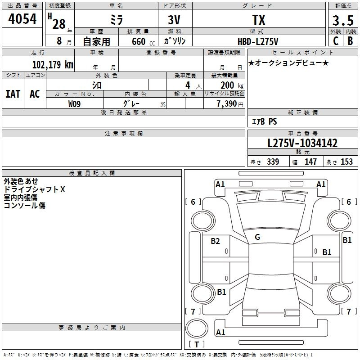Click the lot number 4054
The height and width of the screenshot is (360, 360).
pyautogui.click(x=22, y=19)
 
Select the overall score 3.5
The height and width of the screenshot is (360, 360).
pyautogui.click(x=343, y=20)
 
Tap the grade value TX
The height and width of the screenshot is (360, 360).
pyautogui.click(x=259, y=20)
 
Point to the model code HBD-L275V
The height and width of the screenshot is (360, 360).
pyautogui.click(x=258, y=41)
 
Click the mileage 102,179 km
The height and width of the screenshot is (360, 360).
pyautogui.click(x=53, y=64)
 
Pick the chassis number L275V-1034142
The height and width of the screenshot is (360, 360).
pyautogui.click(x=302, y=143)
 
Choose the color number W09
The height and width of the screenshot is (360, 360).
pyautogui.click(x=74, y=104)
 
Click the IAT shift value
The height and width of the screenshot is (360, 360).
pyautogui.click(x=13, y=94)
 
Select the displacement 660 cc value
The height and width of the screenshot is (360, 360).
pyautogui.click(x=143, y=41)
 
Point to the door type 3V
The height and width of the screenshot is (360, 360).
pyautogui.click(x=174, y=20)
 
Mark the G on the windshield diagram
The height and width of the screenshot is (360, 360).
pyautogui.click(x=257, y=237)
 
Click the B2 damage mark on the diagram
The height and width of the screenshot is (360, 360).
pyautogui.click(x=215, y=241)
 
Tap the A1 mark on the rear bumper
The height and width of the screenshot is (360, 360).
pyautogui.click(x=220, y=332)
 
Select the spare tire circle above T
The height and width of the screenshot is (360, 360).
pyautogui.click(x=197, y=328)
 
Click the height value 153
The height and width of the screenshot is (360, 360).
pyautogui.click(x=346, y=162)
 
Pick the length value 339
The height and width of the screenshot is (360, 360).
pyautogui.click(x=273, y=162)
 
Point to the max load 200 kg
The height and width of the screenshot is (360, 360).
pyautogui.click(x=232, y=85)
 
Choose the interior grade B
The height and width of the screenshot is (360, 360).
pyautogui.click(x=350, y=41)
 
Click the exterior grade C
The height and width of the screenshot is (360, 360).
pyautogui.click(x=336, y=41)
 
